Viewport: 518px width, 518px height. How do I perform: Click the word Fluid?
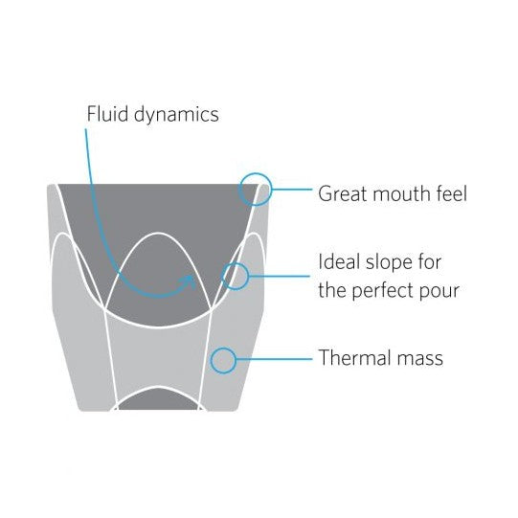[107, 114]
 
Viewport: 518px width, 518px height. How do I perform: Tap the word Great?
[343, 193]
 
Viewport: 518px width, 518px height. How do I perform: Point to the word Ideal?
[339, 261]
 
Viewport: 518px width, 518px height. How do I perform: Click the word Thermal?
[355, 358]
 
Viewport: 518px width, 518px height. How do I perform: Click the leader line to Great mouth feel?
[292, 190]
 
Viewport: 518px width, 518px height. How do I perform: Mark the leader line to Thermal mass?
[274, 359]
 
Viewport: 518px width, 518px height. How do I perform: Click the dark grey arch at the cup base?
[159, 399]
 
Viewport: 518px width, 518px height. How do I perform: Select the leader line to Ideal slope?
[280, 276]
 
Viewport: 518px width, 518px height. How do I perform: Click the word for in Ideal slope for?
[429, 261]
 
